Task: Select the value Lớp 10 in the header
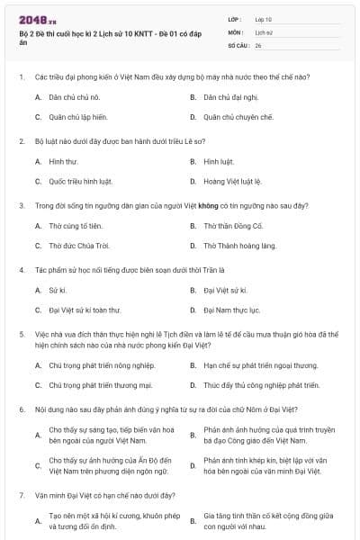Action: (x=264, y=18)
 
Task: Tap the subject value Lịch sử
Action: (x=263, y=31)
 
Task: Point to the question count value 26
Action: (x=258, y=44)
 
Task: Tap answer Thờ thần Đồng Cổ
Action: (x=233, y=224)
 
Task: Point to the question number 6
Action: (x=21, y=409)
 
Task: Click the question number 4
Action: (x=21, y=270)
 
